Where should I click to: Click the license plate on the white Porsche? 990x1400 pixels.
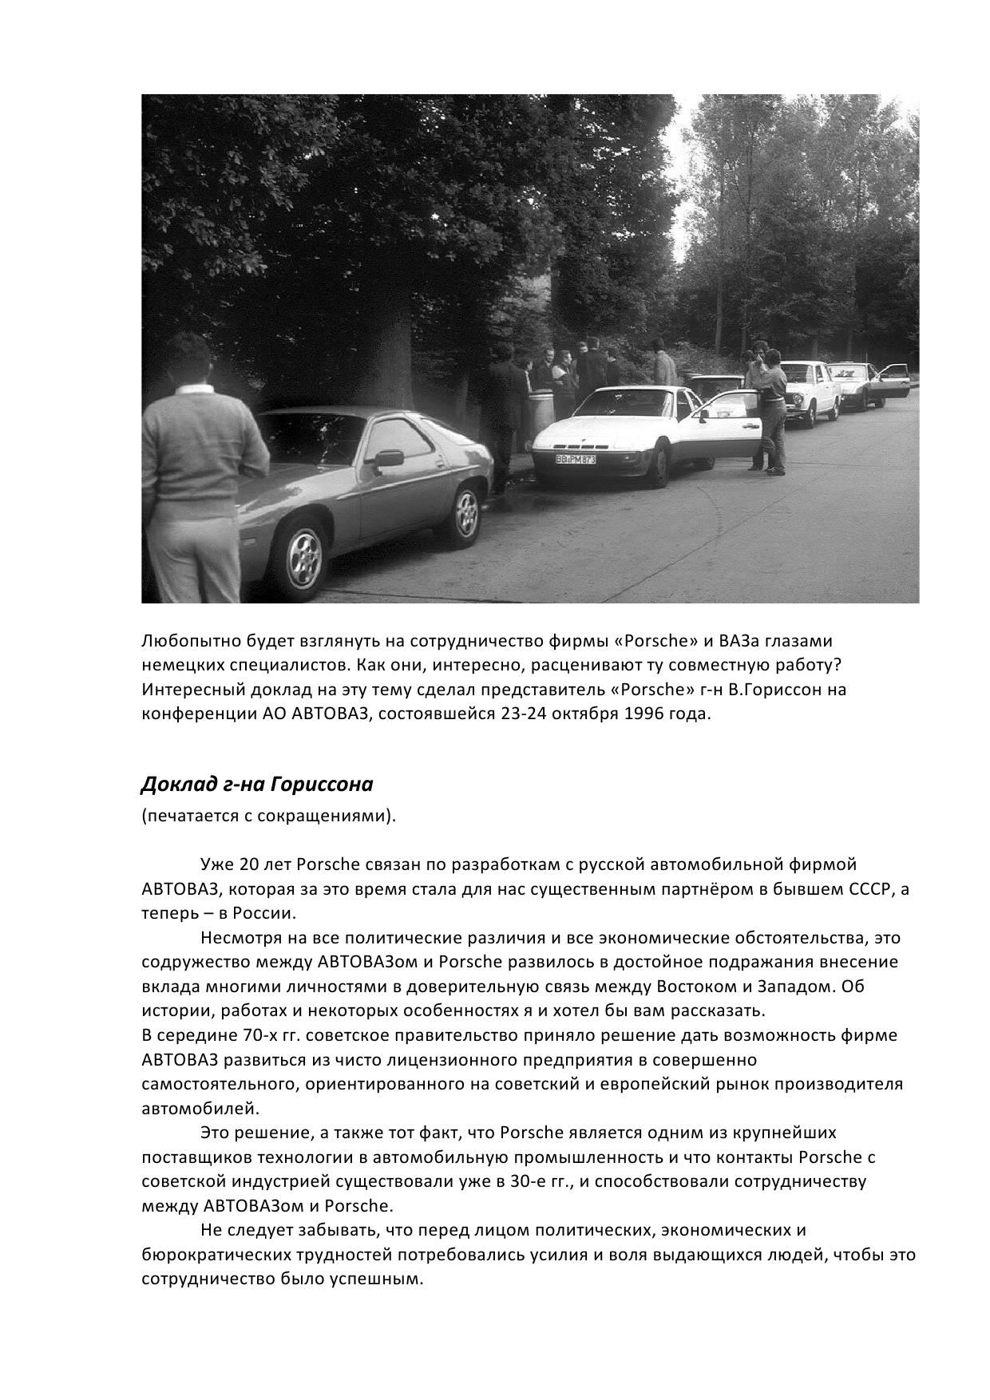pyautogui.click(x=576, y=459)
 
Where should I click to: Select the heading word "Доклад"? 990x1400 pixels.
pyautogui.click(x=170, y=785)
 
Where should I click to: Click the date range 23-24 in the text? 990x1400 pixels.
pyautogui.click(x=523, y=714)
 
